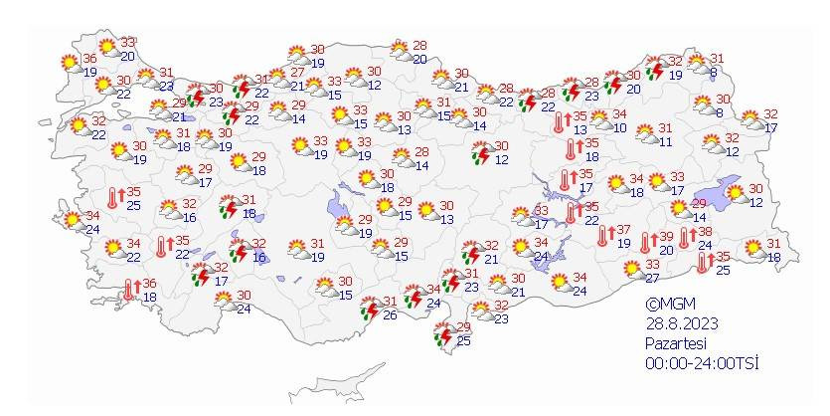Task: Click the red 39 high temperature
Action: point(666,236)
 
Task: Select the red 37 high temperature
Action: point(623,230)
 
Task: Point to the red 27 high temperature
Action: point(296,73)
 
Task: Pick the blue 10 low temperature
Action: point(619,126)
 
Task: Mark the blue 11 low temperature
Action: point(665,141)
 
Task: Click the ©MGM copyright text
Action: point(667,306)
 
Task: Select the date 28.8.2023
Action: point(679,324)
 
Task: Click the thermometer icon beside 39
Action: point(646,242)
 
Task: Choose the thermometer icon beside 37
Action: point(603,236)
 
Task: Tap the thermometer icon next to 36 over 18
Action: point(128,290)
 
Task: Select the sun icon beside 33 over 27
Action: point(630,269)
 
